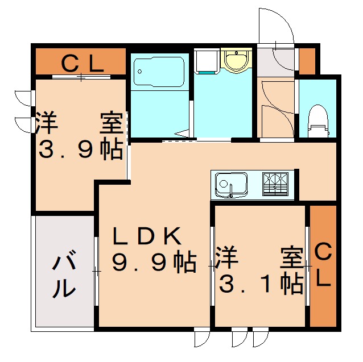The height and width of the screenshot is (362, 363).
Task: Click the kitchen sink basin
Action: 230,184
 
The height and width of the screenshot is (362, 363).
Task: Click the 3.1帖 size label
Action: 260,284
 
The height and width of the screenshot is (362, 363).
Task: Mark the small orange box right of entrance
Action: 307,61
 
